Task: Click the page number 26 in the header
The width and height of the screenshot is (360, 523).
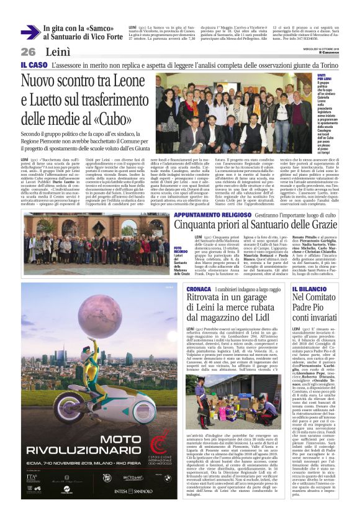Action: [x=28, y=52]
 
